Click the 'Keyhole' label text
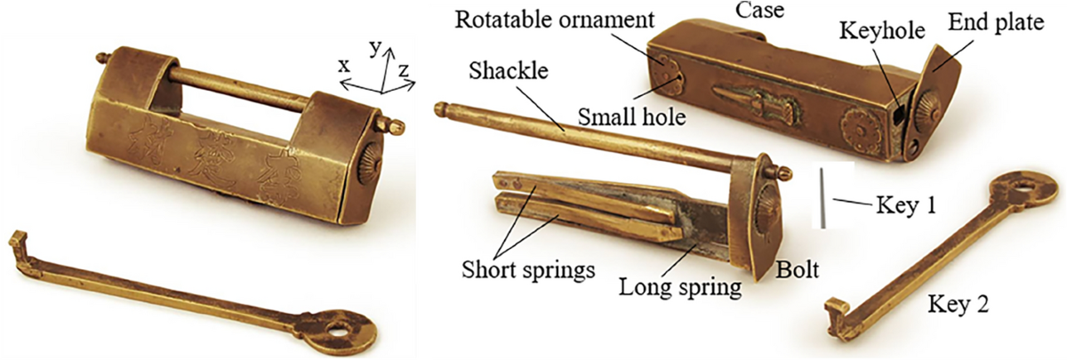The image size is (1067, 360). (883, 30)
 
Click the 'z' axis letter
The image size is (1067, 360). (404, 68)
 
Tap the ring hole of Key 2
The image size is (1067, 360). (1021, 188)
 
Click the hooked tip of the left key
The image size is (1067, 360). (16, 239)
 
